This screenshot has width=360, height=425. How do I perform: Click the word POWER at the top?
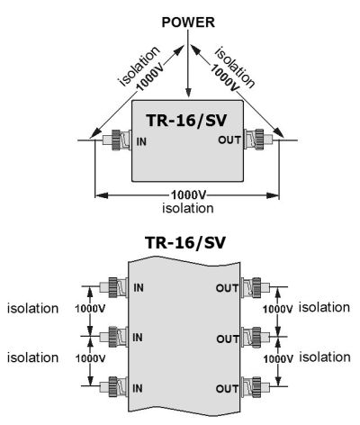coord(188,23)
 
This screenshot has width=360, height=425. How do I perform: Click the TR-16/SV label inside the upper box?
coord(186,121)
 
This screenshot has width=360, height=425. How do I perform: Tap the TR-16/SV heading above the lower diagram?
coord(185,242)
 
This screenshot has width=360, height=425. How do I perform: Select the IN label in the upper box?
coord(141,141)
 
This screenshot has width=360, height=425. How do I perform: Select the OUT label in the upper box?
coord(229,140)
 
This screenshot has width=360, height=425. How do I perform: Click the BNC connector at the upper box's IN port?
coord(116,140)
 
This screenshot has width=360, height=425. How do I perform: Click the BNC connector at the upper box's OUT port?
coord(258,139)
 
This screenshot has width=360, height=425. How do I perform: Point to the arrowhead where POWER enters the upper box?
coord(188,93)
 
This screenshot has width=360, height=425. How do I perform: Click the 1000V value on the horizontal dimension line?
coord(188,195)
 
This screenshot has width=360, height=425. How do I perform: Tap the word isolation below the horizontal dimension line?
coord(188,208)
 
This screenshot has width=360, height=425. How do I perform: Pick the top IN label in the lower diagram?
coord(139,288)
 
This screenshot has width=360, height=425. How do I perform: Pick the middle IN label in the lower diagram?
coord(138,338)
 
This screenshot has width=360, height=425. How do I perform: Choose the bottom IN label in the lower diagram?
coord(137,388)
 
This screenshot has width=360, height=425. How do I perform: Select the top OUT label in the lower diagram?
coord(227,288)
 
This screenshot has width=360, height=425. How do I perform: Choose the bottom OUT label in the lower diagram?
coord(227,389)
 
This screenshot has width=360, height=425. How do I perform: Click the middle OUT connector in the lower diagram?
coord(256,338)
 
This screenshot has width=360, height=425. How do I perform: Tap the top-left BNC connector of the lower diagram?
coord(113,287)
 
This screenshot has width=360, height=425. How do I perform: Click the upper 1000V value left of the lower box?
coord(90,309)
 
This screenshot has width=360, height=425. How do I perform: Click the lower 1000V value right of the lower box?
coord(278,359)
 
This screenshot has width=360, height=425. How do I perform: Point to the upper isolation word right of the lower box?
coord(325,308)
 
